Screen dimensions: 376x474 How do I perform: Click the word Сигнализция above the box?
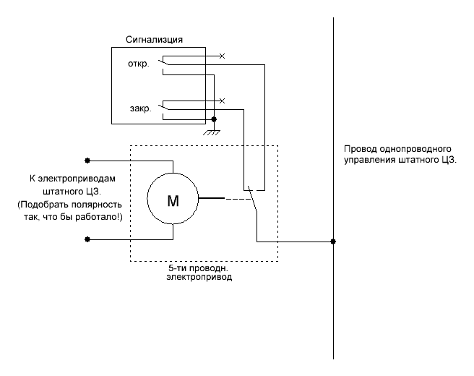(158, 39)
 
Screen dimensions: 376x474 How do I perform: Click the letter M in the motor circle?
(173, 200)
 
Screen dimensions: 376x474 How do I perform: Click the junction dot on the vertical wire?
(333, 242)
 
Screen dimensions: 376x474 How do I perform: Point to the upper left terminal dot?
(87, 160)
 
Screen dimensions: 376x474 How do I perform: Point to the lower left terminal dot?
(87, 239)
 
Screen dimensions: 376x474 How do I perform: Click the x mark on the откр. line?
(222, 55)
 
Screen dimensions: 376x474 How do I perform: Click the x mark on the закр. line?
(222, 101)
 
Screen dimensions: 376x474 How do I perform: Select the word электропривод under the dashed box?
(204, 277)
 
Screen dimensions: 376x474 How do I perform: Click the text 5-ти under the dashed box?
(176, 268)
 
